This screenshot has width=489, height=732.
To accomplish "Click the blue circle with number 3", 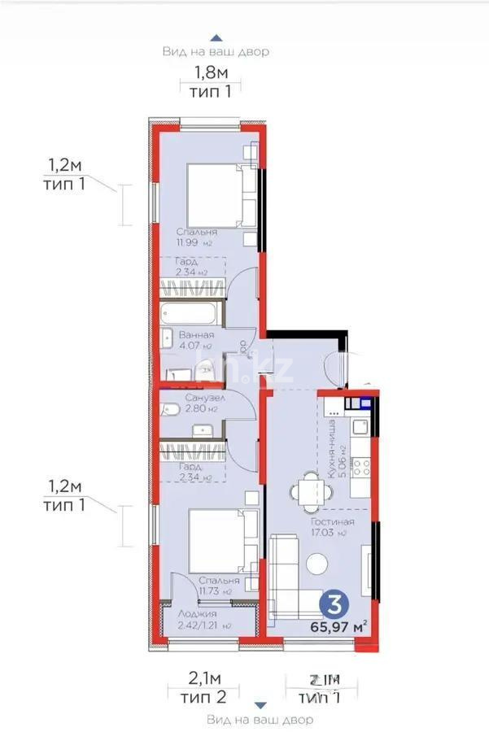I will (x=331, y=604).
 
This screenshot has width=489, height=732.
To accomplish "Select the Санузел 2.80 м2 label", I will (x=199, y=403).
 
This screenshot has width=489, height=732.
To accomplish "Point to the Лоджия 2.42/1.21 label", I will (x=199, y=619).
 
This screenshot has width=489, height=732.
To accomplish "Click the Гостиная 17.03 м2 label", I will (x=331, y=527).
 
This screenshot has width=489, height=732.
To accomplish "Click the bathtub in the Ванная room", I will (x=191, y=313).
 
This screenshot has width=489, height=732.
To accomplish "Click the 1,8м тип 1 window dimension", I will (x=211, y=81).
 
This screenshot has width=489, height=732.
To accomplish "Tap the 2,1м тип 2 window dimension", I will (x=196, y=686).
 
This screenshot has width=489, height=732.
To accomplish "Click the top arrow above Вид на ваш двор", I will (x=216, y=37).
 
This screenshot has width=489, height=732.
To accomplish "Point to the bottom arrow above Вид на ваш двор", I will (x=260, y=705).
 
